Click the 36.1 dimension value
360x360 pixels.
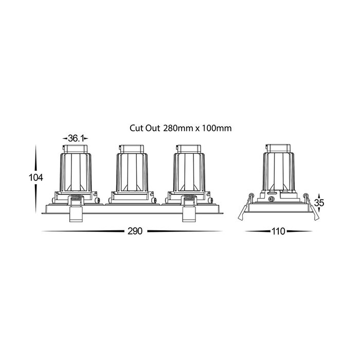click(75, 138)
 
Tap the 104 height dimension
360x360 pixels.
click(35, 177)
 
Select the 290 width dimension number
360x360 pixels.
click(135, 231)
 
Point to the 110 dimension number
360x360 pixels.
click(278, 231)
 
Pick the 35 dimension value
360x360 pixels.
click(319, 203)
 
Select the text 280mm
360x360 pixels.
click(178, 128)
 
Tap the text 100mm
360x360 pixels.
click(217, 128)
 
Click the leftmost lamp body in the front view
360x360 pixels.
click(76, 172)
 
